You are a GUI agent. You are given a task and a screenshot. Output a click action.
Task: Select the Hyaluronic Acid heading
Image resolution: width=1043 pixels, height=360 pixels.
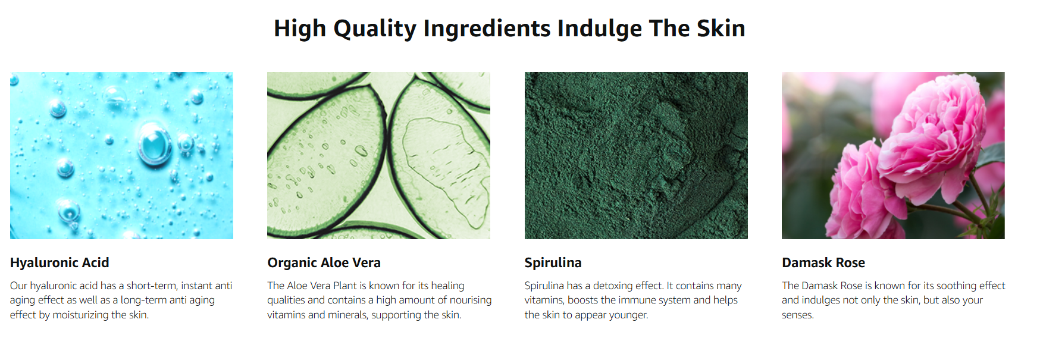pyautogui.click(x=59, y=262)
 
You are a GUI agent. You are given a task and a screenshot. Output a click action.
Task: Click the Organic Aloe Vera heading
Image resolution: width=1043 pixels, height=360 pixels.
pyautogui.click(x=324, y=262)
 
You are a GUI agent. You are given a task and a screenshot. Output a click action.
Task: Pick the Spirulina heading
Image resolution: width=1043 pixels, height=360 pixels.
pyautogui.click(x=553, y=262)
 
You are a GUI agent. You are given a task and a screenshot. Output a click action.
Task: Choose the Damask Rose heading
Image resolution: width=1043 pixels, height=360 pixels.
pyautogui.click(x=823, y=262)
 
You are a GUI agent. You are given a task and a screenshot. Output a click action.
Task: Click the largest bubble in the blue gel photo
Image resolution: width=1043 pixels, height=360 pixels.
pyautogui.click(x=155, y=143)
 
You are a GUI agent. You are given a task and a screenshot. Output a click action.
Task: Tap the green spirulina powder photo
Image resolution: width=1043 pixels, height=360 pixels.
pyautogui.click(x=636, y=155)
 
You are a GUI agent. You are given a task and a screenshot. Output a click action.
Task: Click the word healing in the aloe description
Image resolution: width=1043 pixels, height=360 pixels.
pyautogui.click(x=447, y=286)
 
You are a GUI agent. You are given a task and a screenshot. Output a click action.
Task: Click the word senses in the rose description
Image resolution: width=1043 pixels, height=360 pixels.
pyautogui.click(x=797, y=315)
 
